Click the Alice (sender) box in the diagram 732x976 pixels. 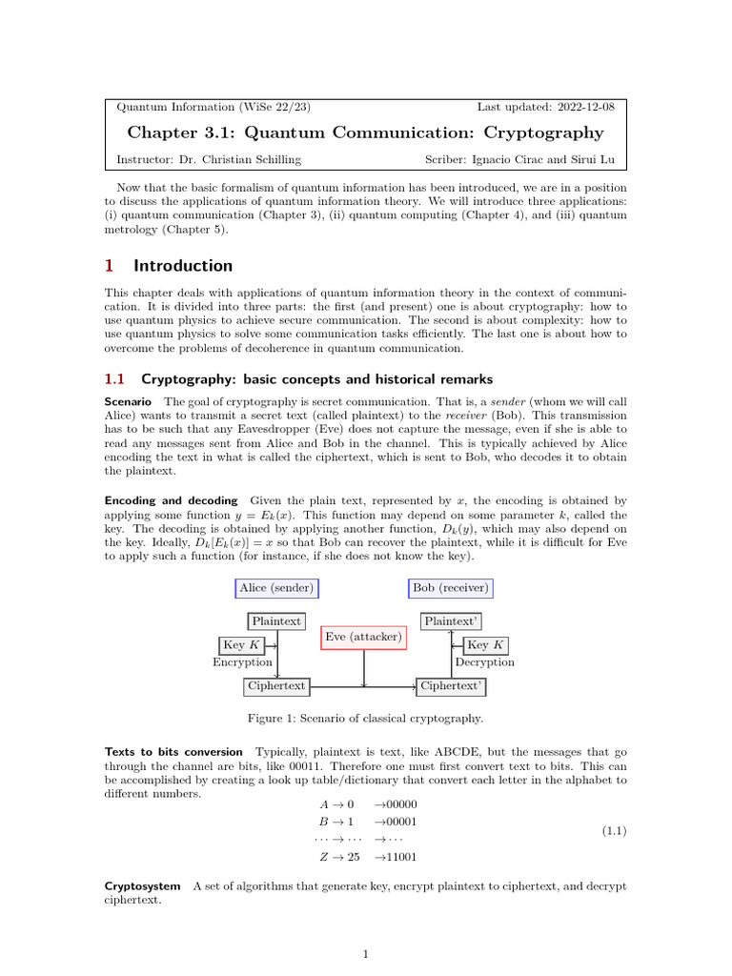276,588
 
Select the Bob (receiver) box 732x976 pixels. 450,588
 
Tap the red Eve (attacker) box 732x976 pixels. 363,637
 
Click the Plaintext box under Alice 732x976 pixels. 276,621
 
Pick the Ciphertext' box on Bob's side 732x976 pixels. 453,685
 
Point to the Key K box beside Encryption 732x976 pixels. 242,645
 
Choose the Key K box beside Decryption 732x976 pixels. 490,645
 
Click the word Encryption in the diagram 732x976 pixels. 242,662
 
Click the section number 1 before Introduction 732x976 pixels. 109,266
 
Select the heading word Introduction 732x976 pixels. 183,266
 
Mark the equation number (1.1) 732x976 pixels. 612,831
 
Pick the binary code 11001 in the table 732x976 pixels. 399,857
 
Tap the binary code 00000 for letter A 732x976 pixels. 399,804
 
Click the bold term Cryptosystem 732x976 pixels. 142,886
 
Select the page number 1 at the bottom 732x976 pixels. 366,953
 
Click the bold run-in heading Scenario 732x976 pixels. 128,403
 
